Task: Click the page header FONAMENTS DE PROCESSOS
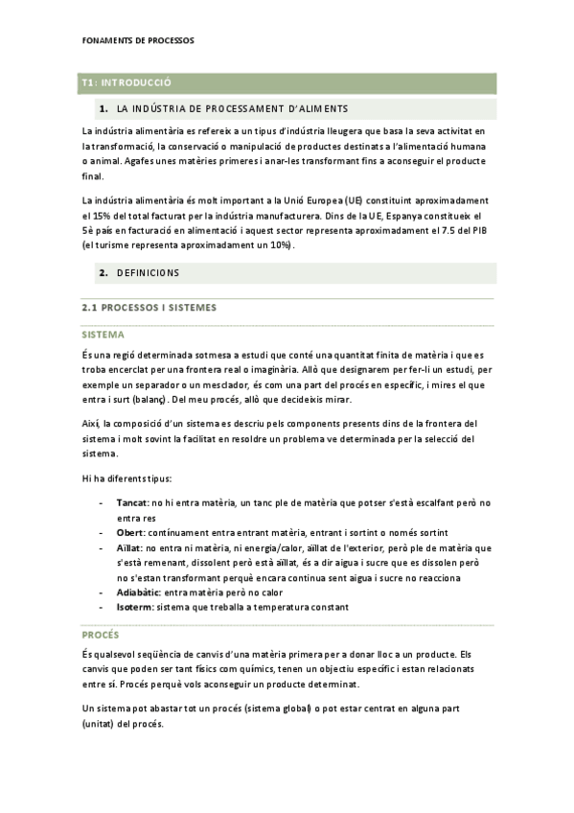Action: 138,41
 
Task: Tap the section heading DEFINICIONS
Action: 148,273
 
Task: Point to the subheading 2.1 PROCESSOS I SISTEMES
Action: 149,308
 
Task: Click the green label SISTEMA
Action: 103,335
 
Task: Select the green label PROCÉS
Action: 101,636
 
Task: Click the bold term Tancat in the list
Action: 131,502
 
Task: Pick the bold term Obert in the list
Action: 130,532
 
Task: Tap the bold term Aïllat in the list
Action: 130,547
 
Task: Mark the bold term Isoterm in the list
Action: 135,608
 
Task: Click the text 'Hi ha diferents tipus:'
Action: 132,477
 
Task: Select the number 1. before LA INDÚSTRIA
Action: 103,108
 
